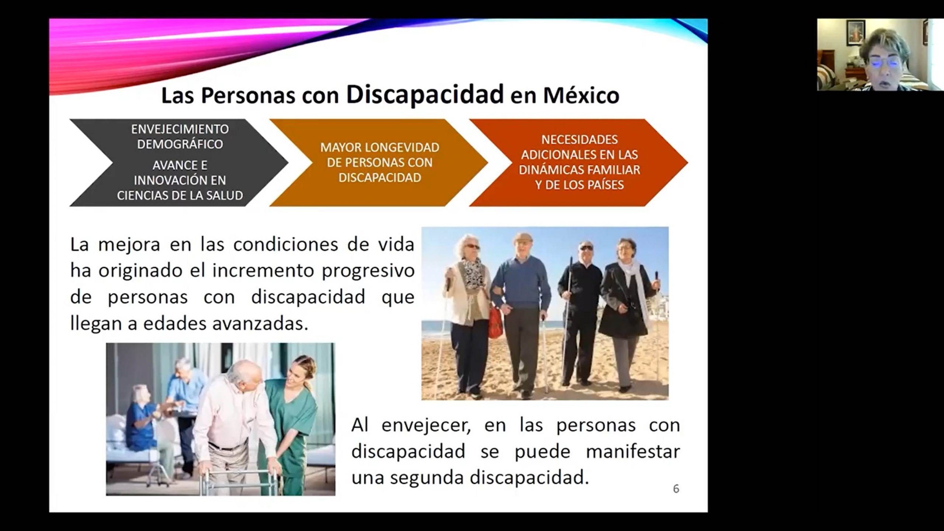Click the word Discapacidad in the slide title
coord(425,94)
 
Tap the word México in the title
coord(581,96)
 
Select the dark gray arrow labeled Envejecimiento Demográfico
coord(179,162)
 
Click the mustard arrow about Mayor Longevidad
coord(379,162)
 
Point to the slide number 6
coord(676,489)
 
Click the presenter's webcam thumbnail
coord(880,55)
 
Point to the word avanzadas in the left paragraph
coord(260,323)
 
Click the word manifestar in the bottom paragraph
coord(633,451)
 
